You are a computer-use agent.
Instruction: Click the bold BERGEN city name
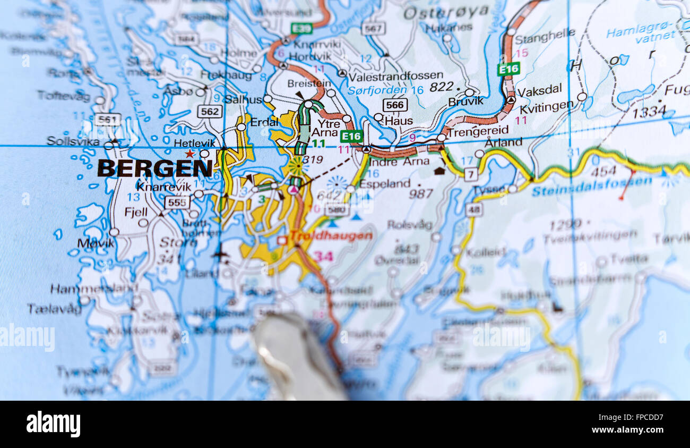(155, 168)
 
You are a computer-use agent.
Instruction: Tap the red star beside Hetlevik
(189, 154)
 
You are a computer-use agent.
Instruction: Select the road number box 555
(177, 202)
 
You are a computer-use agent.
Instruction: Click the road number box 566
(395, 105)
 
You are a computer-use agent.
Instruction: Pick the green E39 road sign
(301, 28)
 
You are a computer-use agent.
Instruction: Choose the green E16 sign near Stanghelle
(508, 69)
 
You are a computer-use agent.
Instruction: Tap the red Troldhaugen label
(331, 236)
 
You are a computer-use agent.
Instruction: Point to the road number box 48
(473, 209)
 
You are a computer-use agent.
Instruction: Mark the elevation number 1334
(649, 112)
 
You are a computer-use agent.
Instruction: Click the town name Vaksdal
(539, 90)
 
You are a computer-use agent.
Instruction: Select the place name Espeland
(385, 184)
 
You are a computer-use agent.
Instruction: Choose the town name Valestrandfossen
(395, 76)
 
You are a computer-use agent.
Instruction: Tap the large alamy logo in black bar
(53, 424)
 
